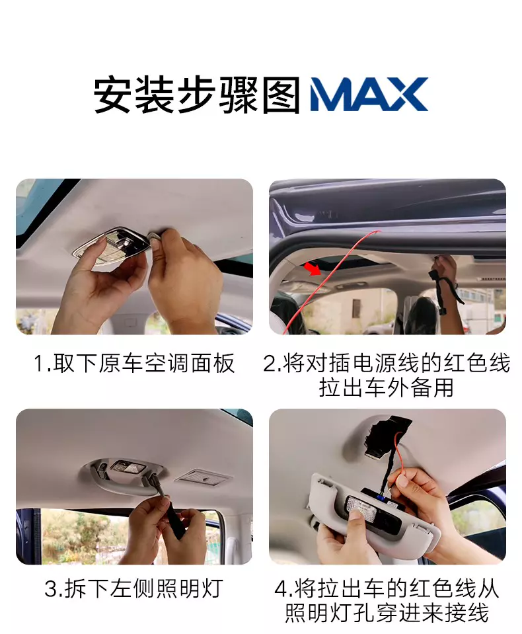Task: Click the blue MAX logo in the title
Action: click(369, 95)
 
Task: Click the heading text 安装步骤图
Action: click(198, 95)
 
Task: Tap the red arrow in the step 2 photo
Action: click(313, 268)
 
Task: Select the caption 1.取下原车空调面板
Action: click(134, 363)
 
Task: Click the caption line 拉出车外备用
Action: click(387, 387)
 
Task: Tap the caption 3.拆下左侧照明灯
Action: click(134, 588)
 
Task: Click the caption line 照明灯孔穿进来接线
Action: click(387, 613)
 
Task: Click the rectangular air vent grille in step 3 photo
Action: click(204, 477)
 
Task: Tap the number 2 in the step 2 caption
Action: click(269, 363)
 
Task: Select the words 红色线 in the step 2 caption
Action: click(477, 363)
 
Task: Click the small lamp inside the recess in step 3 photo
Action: click(128, 467)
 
